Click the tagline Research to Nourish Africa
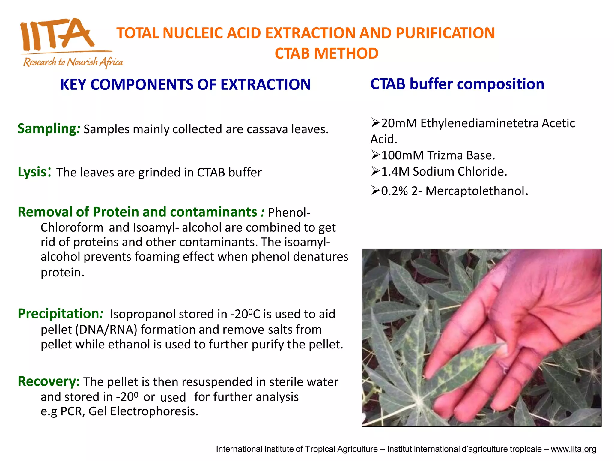coord(73,62)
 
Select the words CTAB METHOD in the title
coord(326,53)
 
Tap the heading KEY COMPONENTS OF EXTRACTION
coord(185,84)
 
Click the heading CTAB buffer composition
coord(457,84)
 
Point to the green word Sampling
coord(47,128)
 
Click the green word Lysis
coord(32,172)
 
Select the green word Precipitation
coord(58,314)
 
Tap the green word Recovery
coord(48,381)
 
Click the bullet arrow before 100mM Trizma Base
coord(375,155)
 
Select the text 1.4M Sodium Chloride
coord(444,172)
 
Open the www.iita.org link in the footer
coord(573,449)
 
